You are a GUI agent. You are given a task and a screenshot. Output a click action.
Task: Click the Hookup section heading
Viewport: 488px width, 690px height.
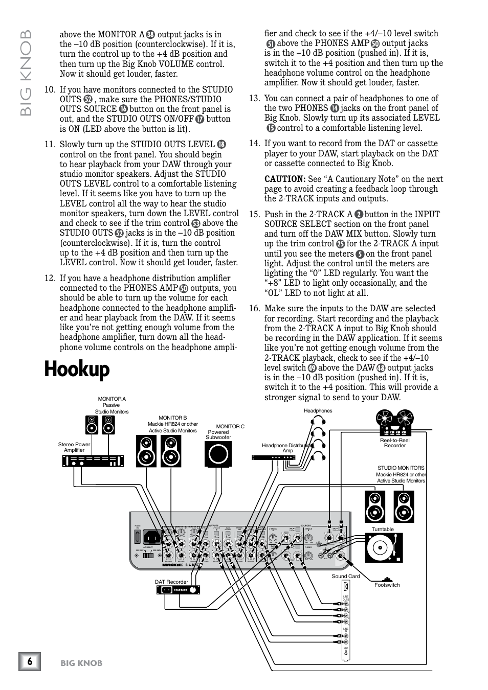77,369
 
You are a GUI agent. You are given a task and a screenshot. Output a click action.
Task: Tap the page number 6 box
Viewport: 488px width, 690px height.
30,662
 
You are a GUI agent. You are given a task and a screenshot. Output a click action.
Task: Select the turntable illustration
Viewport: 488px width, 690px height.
384,548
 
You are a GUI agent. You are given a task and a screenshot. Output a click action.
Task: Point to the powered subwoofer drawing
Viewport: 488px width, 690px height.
218,454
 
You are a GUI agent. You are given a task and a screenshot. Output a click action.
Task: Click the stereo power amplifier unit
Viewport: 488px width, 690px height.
93,461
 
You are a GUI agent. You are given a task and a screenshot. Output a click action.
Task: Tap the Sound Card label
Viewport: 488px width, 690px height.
345,576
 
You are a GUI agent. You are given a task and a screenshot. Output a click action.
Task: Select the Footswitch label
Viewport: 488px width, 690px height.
387,585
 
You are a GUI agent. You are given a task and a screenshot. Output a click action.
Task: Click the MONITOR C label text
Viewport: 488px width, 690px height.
230,426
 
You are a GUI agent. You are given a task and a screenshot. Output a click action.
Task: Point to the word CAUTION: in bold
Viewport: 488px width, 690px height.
284,179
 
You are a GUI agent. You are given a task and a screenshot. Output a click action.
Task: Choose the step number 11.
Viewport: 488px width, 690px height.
49,145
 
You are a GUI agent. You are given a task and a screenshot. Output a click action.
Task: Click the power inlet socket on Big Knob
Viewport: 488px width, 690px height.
152,537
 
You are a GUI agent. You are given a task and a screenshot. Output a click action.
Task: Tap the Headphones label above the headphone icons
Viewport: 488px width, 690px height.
318,410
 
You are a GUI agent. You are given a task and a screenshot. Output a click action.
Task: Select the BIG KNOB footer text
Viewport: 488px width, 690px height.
81,663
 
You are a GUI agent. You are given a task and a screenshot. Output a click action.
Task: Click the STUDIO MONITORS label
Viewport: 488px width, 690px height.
401,468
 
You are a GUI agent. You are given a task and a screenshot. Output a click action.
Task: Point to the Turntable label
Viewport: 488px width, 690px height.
383,529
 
